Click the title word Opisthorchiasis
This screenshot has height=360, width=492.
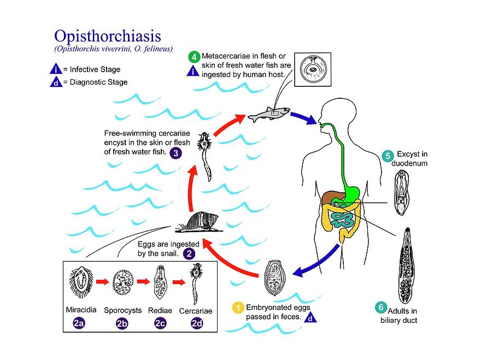(x=107, y=36)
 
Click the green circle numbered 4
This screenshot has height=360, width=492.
(x=194, y=56)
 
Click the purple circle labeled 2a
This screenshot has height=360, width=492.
(x=78, y=323)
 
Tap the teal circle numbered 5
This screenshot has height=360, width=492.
(x=388, y=155)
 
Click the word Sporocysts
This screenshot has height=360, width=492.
(x=121, y=310)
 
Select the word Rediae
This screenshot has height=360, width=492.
(x=160, y=310)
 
